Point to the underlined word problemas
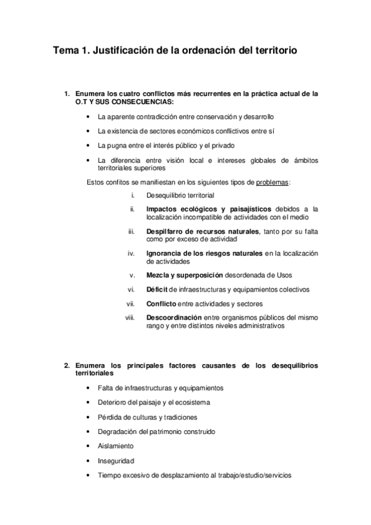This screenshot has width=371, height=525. point(273,183)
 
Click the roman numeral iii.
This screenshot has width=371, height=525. point(131,231)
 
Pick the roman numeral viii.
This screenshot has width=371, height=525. point(130,317)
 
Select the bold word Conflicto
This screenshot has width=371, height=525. point(161,303)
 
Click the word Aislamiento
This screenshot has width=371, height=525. point(115,446)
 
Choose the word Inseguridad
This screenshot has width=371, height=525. point(116,461)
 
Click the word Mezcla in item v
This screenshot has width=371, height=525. point(157,275)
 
